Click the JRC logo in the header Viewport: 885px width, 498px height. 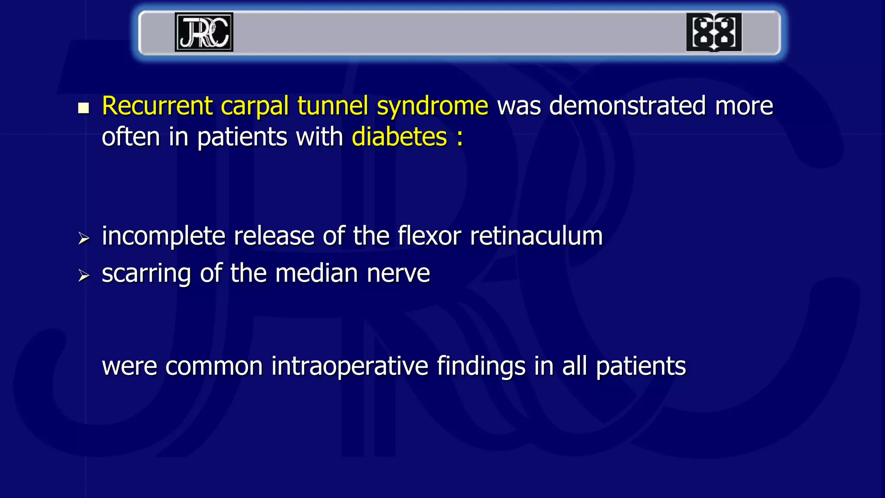point(204,32)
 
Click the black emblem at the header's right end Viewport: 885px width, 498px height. point(714,32)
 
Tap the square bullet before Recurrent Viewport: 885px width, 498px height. point(83,108)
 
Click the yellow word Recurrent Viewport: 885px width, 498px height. point(157,105)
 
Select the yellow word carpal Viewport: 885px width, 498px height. point(255,106)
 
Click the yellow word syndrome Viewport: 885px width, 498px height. point(433,106)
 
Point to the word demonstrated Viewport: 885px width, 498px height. point(627,105)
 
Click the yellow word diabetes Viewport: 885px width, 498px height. point(399,137)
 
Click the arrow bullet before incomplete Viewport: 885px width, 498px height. point(83,238)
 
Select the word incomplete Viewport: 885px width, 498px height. point(163,236)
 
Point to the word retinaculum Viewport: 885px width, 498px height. point(536,236)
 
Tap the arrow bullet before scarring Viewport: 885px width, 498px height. point(83,275)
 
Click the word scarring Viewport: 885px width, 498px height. point(146,274)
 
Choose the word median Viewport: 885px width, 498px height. point(316,274)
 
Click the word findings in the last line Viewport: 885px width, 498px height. point(481,367)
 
